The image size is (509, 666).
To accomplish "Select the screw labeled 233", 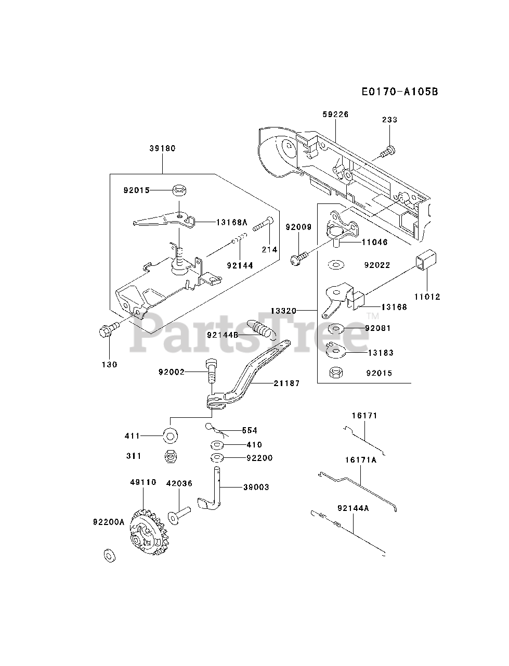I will pos(387,151).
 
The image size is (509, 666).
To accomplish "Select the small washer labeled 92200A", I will pos(109,555).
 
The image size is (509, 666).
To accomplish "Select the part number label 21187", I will pos(286,383).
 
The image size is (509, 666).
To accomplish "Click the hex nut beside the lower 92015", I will pos(336,373).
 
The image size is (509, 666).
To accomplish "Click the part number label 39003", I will pos(256,487).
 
